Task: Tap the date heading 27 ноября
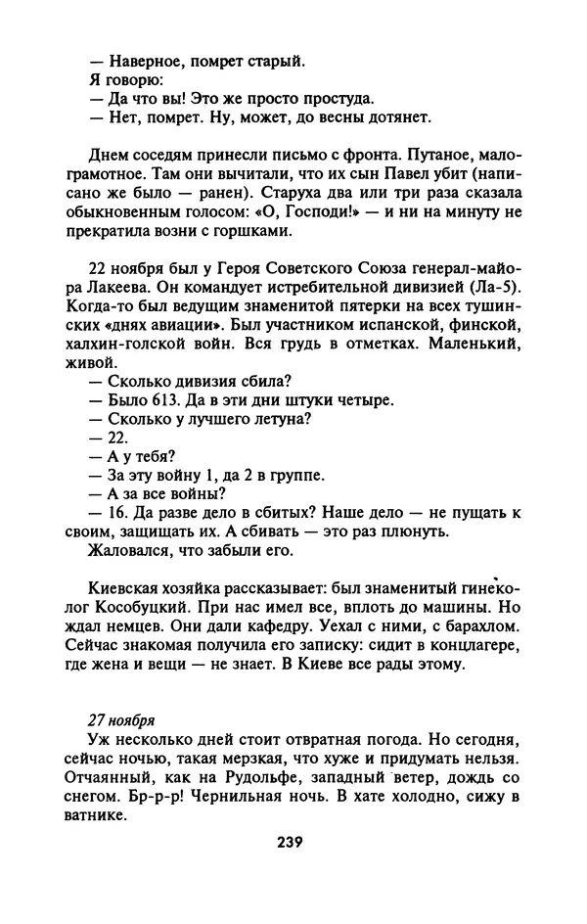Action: coord(123,718)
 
